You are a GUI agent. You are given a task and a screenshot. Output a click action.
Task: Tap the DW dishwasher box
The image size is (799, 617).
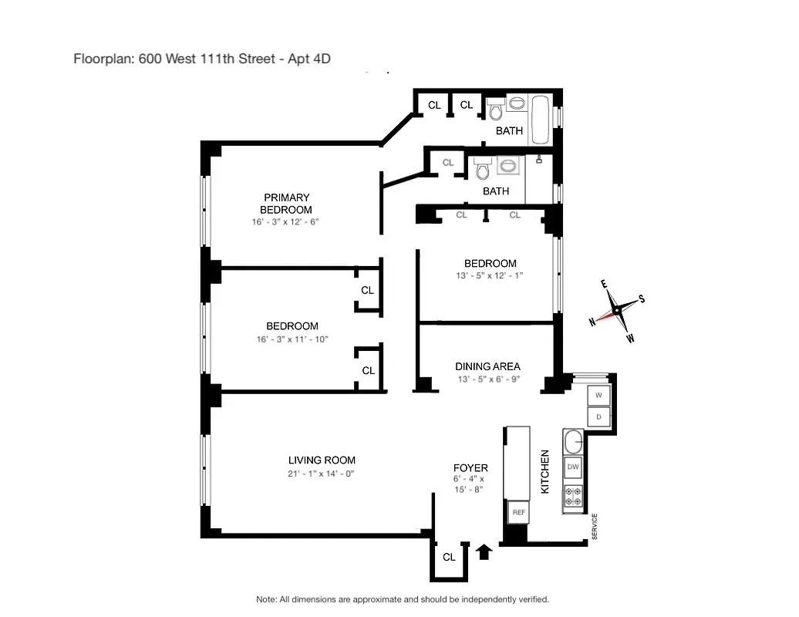click(573, 467)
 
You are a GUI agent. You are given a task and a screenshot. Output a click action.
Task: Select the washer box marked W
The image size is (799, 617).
click(598, 396)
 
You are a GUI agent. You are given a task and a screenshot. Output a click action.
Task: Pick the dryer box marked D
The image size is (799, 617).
click(598, 417)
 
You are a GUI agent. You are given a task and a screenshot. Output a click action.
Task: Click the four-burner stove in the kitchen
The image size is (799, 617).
click(573, 496)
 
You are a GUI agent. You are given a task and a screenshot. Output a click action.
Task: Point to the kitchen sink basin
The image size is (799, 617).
click(573, 443)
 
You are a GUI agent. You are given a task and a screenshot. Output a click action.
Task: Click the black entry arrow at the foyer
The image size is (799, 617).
click(484, 551)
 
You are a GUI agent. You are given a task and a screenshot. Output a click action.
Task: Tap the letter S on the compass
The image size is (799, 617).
click(642, 300)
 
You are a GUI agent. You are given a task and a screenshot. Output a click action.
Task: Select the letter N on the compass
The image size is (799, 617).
click(592, 322)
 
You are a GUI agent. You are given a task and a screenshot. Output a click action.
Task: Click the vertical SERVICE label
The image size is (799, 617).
click(595, 527)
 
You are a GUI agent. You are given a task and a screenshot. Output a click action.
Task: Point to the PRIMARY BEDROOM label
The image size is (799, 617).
click(286, 204)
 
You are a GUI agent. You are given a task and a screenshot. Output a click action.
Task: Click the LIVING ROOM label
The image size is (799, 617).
click(322, 460)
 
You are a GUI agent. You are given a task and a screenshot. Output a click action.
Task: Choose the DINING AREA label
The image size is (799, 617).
click(487, 366)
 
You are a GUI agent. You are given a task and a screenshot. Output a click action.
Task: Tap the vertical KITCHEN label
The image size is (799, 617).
click(545, 472)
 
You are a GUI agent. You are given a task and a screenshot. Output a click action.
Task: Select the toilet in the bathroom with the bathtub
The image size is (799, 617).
click(494, 109)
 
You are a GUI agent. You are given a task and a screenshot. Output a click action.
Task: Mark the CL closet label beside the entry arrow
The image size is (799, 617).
click(449, 557)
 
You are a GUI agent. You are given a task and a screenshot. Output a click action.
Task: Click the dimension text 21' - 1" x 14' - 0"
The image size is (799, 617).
click(321, 474)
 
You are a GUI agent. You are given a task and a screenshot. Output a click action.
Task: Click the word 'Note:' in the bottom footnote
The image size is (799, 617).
click(268, 599)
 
